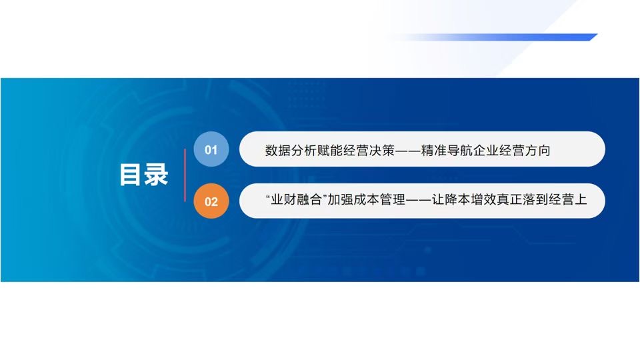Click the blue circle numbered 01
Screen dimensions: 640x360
coord(211,149)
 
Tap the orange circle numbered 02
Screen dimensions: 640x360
coord(211,201)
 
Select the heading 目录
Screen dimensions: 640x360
coord(144,175)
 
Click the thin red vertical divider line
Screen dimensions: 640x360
coord(185,175)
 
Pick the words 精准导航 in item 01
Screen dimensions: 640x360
coord(447,150)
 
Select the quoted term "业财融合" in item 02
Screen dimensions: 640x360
coord(297,199)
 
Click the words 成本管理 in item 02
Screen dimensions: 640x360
coord(379,199)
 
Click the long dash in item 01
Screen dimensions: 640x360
coord(408,151)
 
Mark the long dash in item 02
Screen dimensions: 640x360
coord(419,200)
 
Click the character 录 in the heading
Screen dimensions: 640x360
coord(156,175)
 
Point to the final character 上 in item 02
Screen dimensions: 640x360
coord(581,199)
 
